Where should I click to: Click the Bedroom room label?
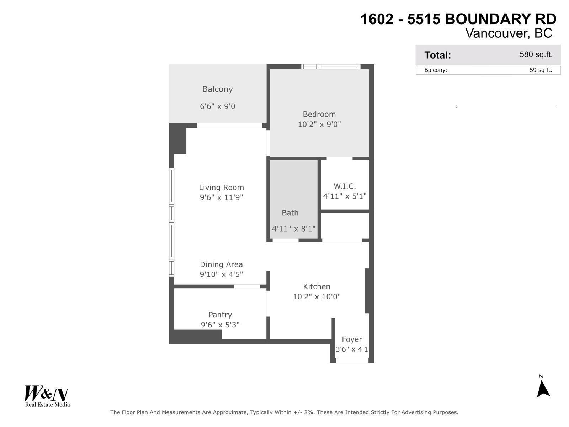pyautogui.click(x=319, y=114)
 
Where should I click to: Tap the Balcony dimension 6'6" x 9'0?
pyautogui.click(x=217, y=106)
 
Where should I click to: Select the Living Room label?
pyautogui.click(x=221, y=188)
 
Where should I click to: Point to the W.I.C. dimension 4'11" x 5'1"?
pyautogui.click(x=345, y=196)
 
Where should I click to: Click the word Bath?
pyautogui.click(x=290, y=213)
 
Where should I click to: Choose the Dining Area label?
pyautogui.click(x=221, y=264)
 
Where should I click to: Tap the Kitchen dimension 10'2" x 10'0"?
pyautogui.click(x=317, y=296)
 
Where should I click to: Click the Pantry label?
pyautogui.click(x=220, y=315)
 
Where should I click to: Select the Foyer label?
pyautogui.click(x=352, y=339)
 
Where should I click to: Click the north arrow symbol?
pyautogui.click(x=543, y=389)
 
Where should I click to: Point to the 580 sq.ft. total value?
pyautogui.click(x=536, y=55)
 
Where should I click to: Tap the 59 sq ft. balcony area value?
pyautogui.click(x=541, y=70)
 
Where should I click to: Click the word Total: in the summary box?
pyautogui.click(x=437, y=55)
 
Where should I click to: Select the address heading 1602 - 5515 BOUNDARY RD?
pyautogui.click(x=458, y=19)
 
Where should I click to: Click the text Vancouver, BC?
pyautogui.click(x=509, y=33)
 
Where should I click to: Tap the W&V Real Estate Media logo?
pyautogui.click(x=47, y=396)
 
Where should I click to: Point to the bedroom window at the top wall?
pyautogui.click(x=331, y=67)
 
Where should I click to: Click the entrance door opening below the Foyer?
pyautogui.click(x=352, y=360)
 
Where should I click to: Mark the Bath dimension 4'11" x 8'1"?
pyautogui.click(x=294, y=229)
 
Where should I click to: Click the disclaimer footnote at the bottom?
pyautogui.click(x=284, y=412)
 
